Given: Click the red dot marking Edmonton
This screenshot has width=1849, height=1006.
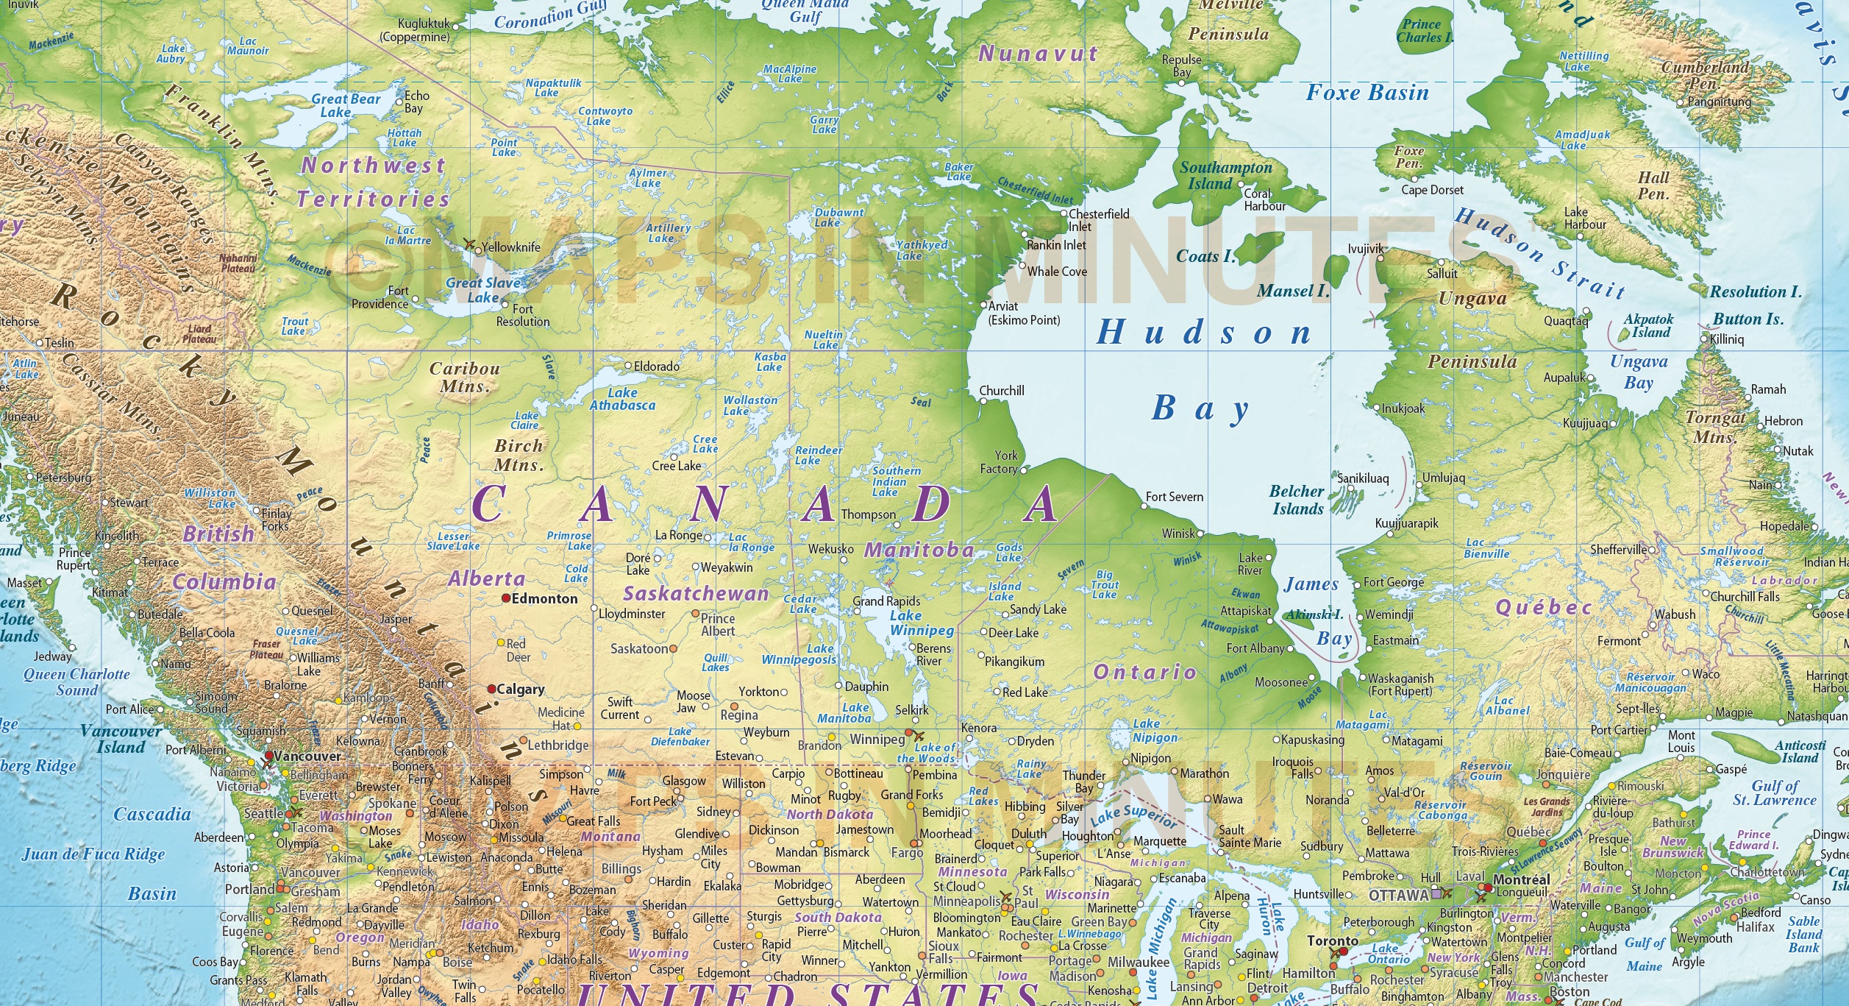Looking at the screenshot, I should pyautogui.click(x=506, y=598).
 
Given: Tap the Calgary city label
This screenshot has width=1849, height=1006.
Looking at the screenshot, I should pyautogui.click(x=520, y=690).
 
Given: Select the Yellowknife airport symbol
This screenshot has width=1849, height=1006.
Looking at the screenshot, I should pyautogui.click(x=469, y=244).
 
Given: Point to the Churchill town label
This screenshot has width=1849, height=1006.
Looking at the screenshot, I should pyautogui.click(x=1001, y=391).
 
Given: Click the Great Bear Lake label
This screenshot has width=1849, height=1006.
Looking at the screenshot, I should pyautogui.click(x=346, y=105).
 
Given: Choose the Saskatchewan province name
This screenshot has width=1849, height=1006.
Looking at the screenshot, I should pyautogui.click(x=696, y=593).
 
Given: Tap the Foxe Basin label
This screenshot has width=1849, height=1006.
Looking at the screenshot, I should pyautogui.click(x=1367, y=93).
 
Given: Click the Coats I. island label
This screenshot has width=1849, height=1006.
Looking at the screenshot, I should pyautogui.click(x=1205, y=257).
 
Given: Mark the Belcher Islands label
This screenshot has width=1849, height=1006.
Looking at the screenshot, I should pyautogui.click(x=1297, y=500).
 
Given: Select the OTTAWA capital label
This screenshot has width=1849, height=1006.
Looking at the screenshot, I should pyautogui.click(x=1398, y=896).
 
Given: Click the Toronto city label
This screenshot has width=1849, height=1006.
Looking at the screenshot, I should pyautogui.click(x=1333, y=941).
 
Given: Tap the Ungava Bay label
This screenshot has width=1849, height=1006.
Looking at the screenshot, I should pyautogui.click(x=1639, y=372).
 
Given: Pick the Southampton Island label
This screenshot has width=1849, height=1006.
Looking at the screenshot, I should pyautogui.click(x=1225, y=175).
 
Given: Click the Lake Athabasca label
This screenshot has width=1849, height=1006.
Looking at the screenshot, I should pyautogui.click(x=622, y=399).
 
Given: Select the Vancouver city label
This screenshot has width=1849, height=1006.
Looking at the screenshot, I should pyautogui.click(x=307, y=756).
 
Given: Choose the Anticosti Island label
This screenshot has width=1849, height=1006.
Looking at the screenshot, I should pyautogui.click(x=1800, y=751).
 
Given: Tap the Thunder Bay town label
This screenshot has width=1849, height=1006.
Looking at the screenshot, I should pyautogui.click(x=1083, y=782).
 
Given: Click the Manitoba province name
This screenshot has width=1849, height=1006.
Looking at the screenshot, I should pyautogui.click(x=919, y=550).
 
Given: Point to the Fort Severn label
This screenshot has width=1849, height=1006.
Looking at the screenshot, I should pyautogui.click(x=1175, y=497).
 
